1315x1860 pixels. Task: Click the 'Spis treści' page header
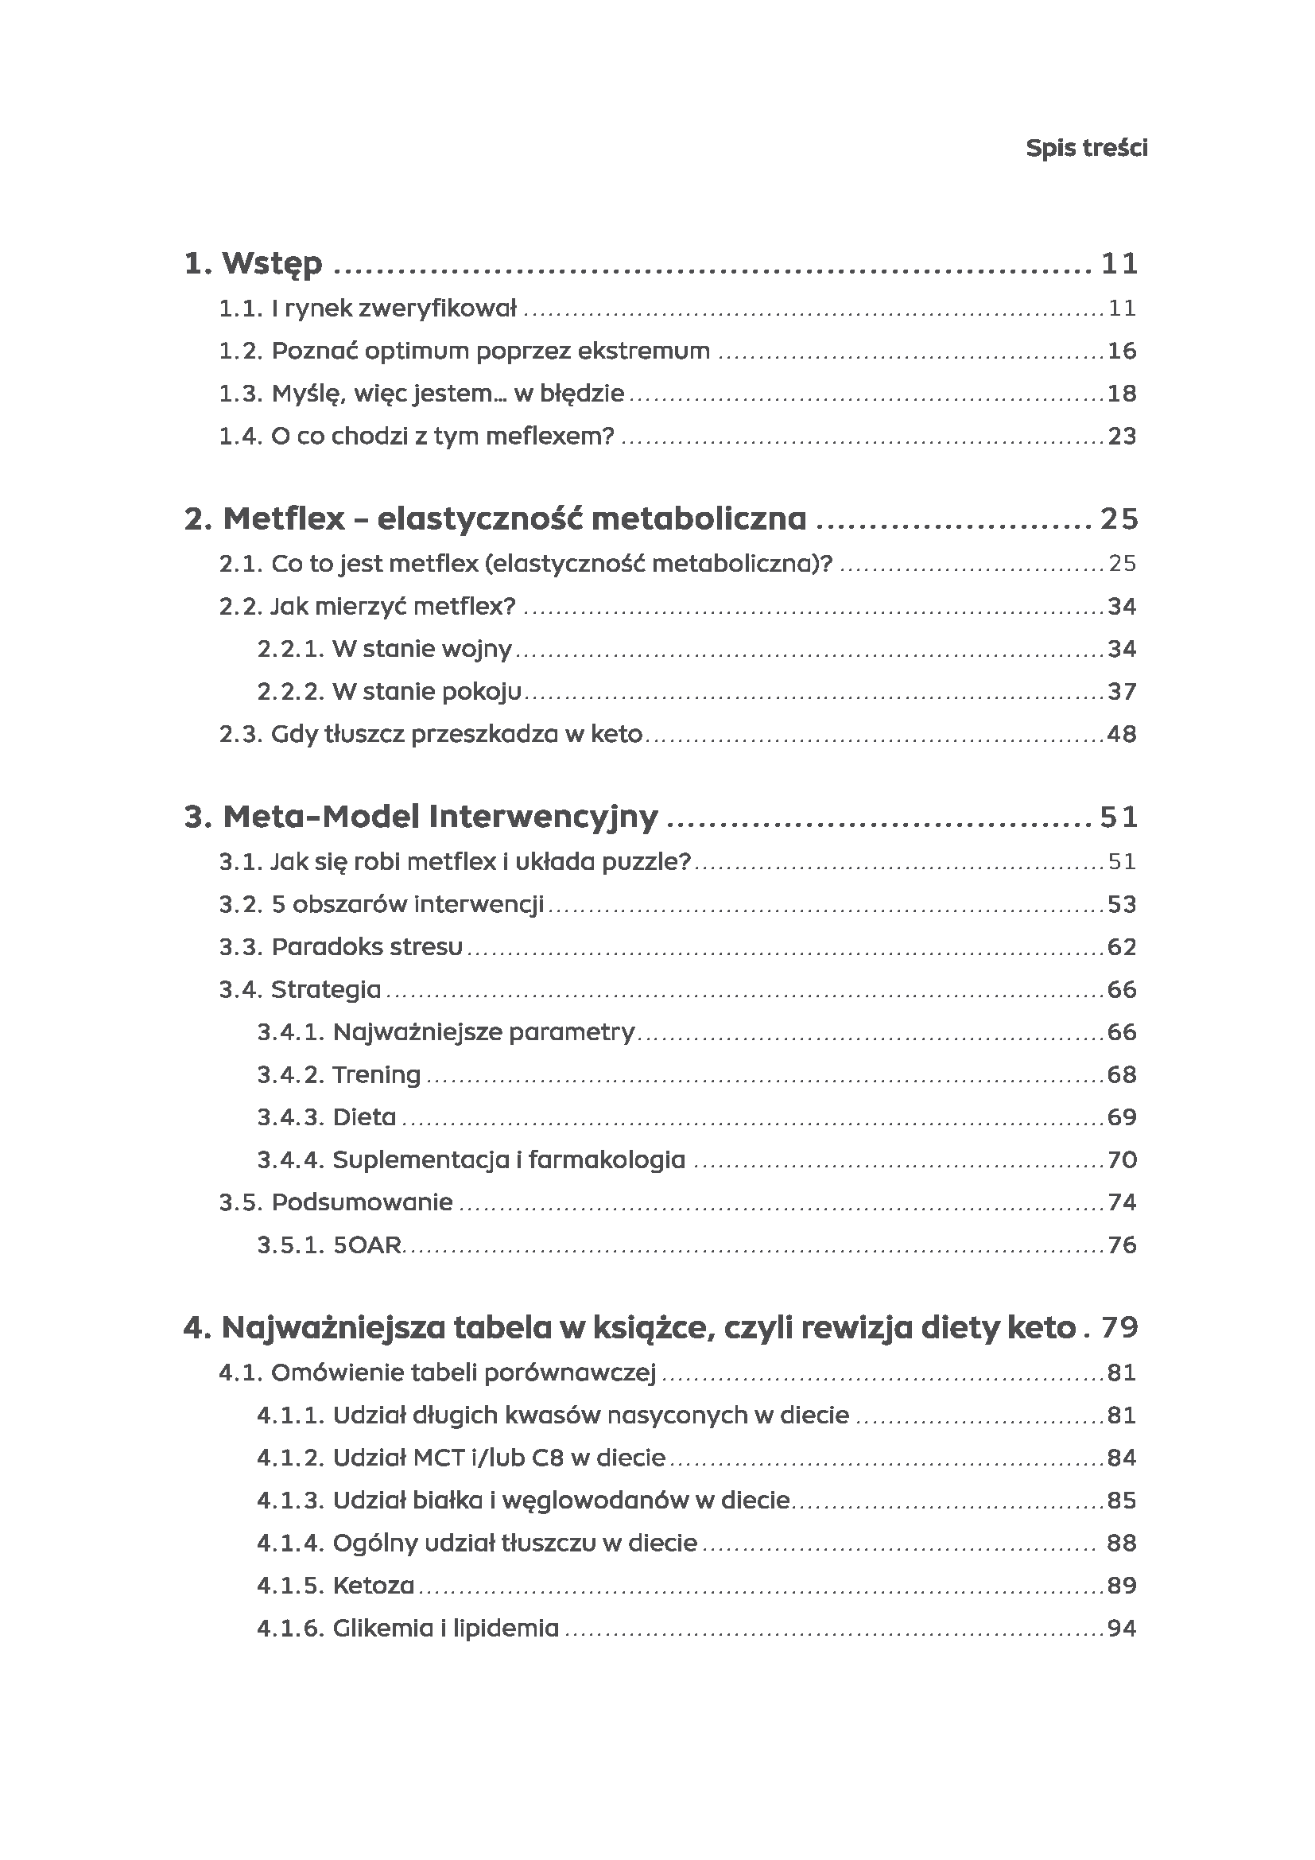[x=1086, y=148]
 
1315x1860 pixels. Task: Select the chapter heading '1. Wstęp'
[x=254, y=263]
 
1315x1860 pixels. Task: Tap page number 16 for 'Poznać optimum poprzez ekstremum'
[x=1122, y=351]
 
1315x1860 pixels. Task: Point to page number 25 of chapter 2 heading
[x=1119, y=518]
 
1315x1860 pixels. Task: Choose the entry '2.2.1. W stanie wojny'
[x=385, y=649]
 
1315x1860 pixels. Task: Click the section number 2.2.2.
[x=291, y=692]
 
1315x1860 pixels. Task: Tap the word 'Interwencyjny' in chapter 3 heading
[x=542, y=817]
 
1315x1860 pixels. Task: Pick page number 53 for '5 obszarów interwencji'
[x=1122, y=904]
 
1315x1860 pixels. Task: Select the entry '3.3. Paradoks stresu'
[x=341, y=947]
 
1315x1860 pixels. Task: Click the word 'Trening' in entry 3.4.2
[x=377, y=1075]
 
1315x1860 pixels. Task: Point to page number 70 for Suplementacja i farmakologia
[x=1122, y=1160]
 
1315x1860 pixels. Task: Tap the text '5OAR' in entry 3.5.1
[x=367, y=1245]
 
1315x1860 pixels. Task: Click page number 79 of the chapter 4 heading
[x=1120, y=1328]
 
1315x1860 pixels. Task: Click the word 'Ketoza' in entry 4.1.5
[x=374, y=1586]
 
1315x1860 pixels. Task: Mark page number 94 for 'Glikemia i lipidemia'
[x=1122, y=1629]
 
